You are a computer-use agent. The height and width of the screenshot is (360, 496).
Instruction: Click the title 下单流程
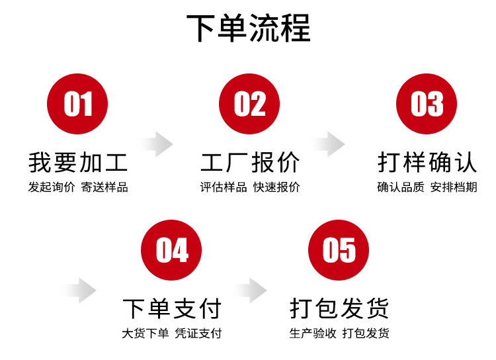point(248,28)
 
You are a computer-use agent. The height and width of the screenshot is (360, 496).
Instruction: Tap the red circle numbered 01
point(78,104)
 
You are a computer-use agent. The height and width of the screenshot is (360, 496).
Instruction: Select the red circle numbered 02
point(249,104)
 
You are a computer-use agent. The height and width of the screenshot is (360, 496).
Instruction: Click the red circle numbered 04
point(172,250)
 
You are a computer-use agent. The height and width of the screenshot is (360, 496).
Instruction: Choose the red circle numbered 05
point(339,250)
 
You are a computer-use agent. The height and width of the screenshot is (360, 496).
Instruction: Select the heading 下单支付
point(172,308)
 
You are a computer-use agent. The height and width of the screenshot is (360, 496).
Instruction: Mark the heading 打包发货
point(339,308)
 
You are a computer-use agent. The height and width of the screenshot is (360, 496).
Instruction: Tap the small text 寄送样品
point(104,187)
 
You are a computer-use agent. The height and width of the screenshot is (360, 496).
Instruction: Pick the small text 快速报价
point(276,187)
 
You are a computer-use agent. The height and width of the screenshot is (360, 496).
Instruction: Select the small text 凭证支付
point(198,334)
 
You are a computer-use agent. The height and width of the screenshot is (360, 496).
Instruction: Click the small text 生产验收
point(313,334)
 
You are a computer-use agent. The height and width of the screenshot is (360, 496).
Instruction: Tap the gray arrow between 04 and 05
point(252,289)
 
